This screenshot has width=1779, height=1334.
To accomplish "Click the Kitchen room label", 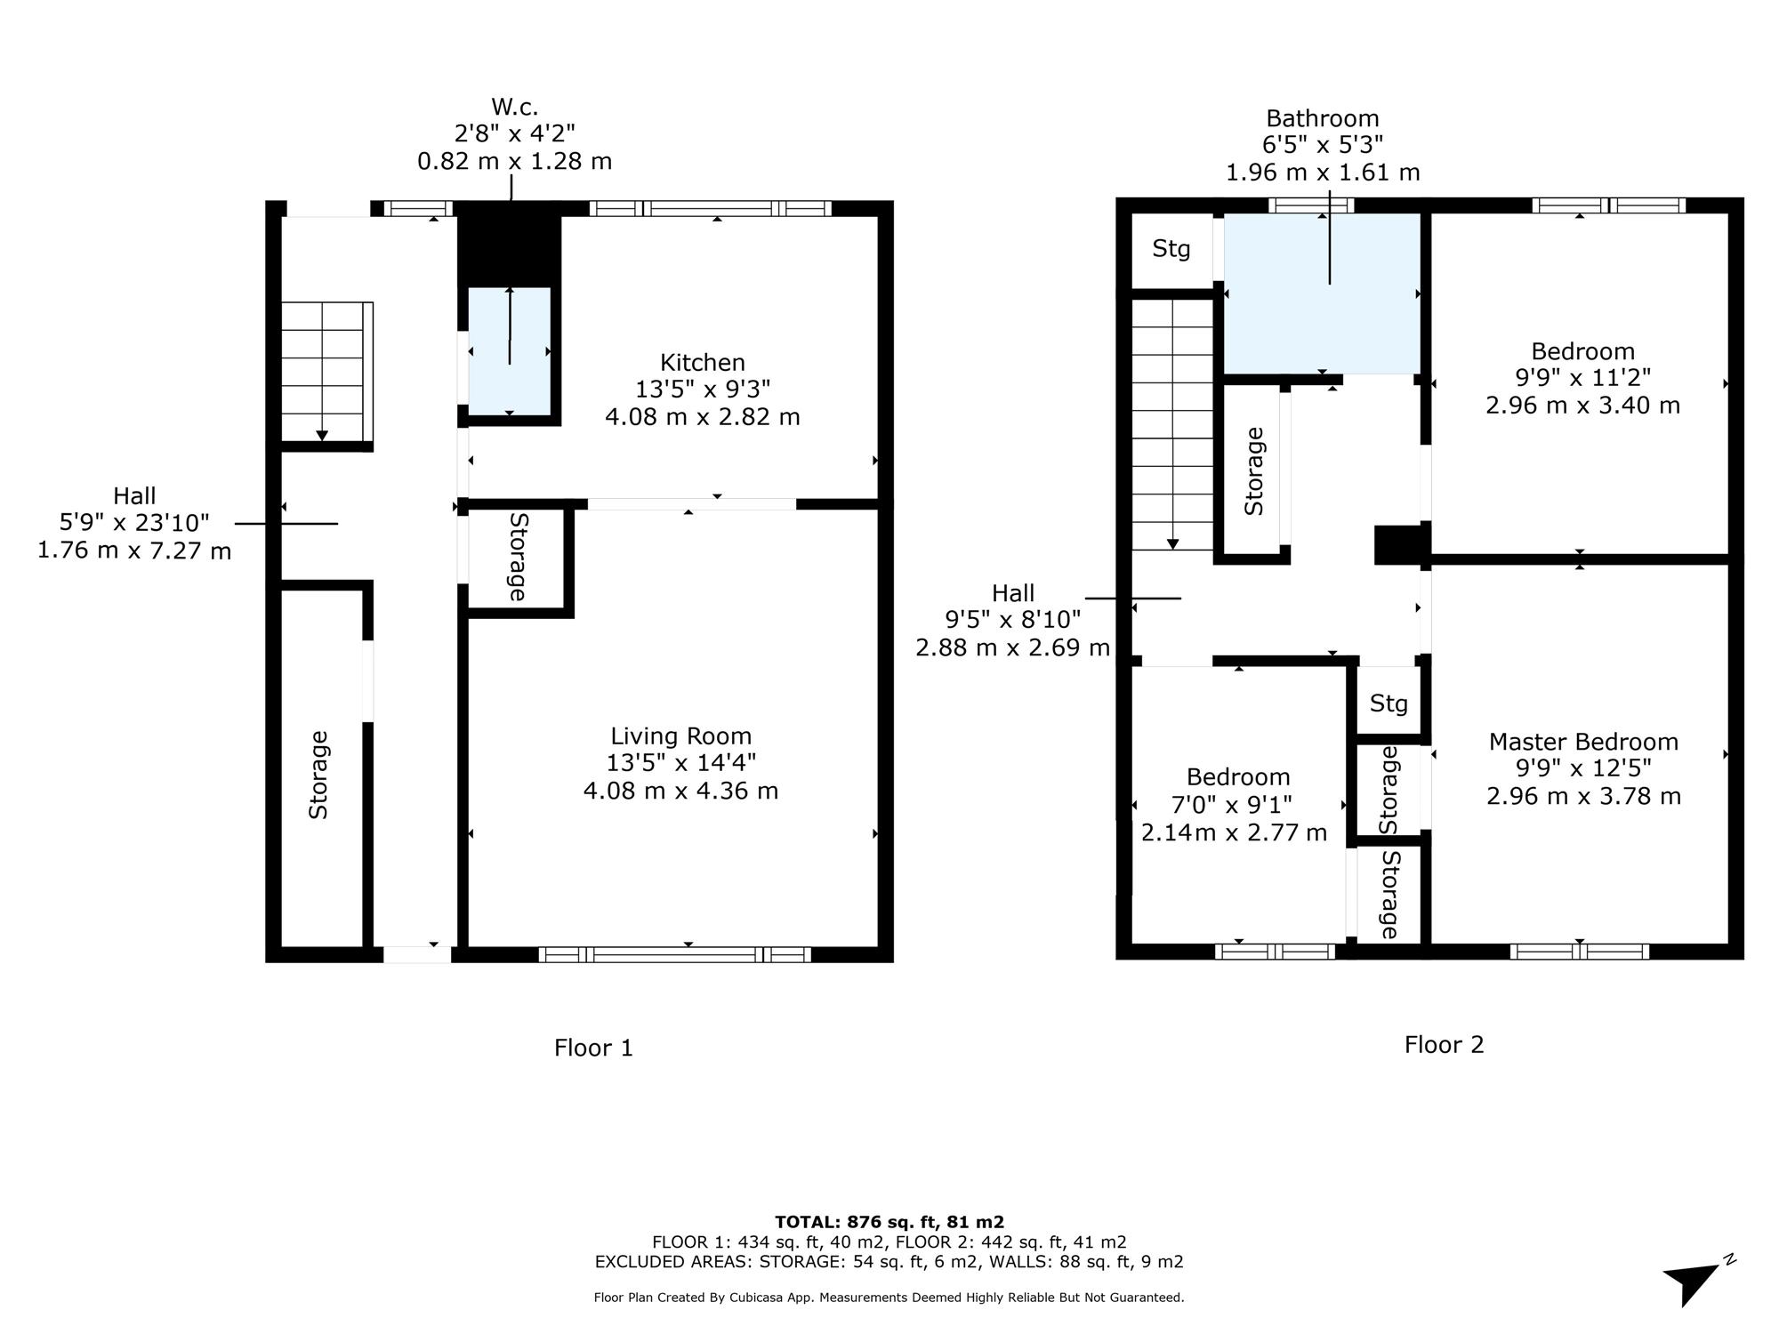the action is point(703,363).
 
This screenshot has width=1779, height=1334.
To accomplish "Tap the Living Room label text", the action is point(680,736).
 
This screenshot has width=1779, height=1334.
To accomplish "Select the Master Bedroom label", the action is point(1583,742).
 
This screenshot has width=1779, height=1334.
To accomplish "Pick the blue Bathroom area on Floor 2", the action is point(1322,293).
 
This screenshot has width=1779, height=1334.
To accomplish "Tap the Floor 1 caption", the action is point(593,1048).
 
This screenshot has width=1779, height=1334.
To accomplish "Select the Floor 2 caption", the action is point(1445,1044).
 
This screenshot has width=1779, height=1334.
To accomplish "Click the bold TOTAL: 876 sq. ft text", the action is point(889,1222).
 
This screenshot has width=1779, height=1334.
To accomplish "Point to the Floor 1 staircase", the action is point(326,372).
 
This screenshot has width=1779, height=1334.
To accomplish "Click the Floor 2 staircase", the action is point(1172,424).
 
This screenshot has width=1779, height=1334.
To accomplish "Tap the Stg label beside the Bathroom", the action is point(1171,249).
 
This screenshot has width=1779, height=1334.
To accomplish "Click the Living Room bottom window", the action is point(675,954).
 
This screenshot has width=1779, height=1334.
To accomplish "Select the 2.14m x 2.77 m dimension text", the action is point(1234,832).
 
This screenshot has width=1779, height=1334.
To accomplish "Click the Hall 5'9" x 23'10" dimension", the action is point(134,523).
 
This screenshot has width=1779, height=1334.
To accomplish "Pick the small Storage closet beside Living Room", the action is point(516,558).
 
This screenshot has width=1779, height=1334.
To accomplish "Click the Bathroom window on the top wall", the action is point(1311,205).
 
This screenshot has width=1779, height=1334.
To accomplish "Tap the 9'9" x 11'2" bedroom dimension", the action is point(1583,378).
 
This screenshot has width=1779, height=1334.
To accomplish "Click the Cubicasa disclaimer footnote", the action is point(889,1298).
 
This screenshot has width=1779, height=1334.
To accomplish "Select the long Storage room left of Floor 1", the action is point(321,768).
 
